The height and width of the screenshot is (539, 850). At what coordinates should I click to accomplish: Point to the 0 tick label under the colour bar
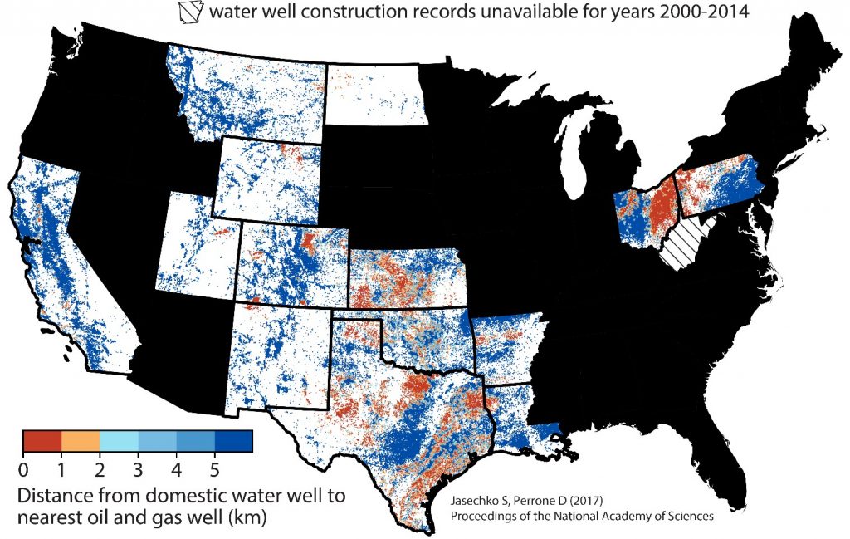click(23, 470)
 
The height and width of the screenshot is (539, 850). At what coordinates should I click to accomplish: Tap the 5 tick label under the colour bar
click(214, 470)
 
